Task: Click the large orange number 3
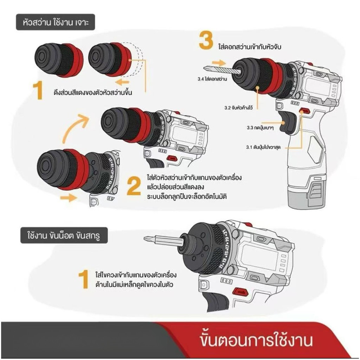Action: point(206,41)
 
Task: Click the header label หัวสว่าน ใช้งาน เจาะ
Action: point(56,22)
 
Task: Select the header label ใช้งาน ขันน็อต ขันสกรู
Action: point(64,236)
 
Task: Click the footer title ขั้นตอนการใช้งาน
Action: point(256,340)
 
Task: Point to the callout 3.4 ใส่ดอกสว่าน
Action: point(212,79)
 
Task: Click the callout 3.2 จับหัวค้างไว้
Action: point(239,108)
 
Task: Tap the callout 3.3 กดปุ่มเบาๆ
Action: point(260,127)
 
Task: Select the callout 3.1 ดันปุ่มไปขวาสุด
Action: point(263,147)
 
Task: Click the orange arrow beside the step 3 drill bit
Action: point(219,63)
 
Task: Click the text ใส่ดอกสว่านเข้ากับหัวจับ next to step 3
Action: point(250,47)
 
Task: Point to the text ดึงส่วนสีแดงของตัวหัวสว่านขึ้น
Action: point(93,92)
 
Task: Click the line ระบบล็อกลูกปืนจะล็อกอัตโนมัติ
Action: point(187,197)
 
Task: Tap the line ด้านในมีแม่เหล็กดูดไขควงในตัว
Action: point(134,285)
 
